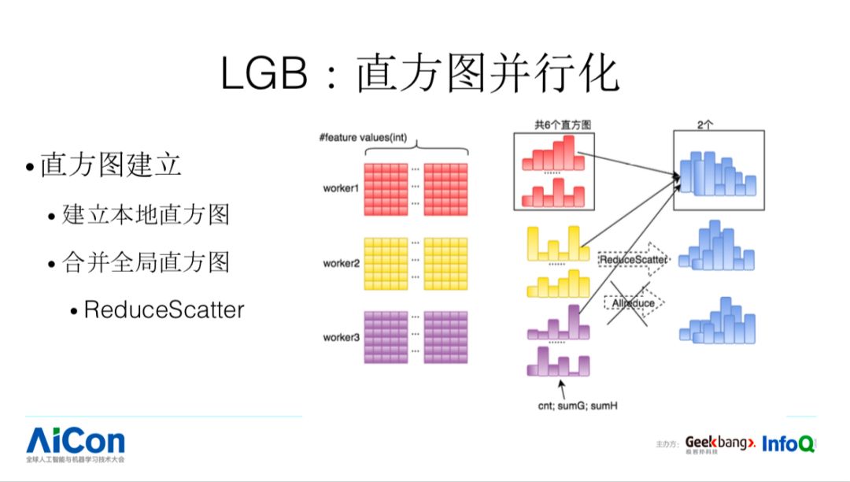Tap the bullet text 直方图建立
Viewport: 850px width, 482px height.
point(111,165)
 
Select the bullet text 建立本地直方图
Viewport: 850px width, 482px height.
point(146,214)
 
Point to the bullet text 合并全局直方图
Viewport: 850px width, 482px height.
point(146,261)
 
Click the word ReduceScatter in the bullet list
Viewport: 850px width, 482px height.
point(164,310)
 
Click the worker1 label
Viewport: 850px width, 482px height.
point(341,189)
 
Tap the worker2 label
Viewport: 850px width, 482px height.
point(341,263)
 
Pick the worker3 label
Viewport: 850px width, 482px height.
point(341,337)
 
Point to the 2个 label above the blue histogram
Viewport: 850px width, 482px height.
point(706,124)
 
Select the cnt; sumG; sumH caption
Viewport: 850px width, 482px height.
point(560,406)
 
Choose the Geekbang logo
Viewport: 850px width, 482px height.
point(719,445)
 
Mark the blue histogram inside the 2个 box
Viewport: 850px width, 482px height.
point(717,174)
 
